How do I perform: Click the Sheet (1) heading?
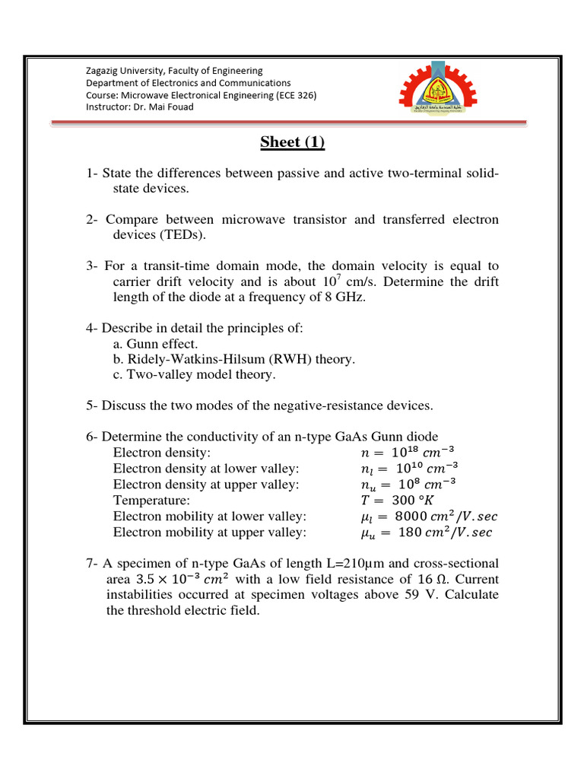click(x=293, y=142)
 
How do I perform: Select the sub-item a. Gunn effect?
click(x=155, y=344)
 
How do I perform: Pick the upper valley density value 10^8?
click(x=407, y=485)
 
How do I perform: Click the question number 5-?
click(x=92, y=405)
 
